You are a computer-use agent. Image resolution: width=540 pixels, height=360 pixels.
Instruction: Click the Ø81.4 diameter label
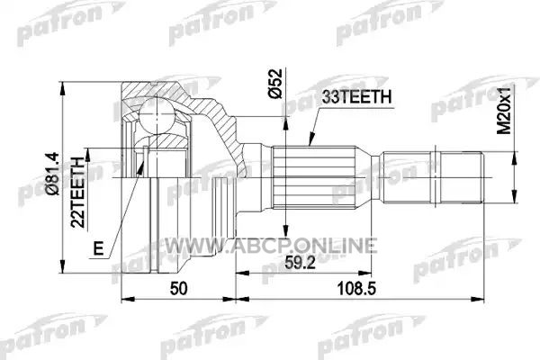[x=55, y=174]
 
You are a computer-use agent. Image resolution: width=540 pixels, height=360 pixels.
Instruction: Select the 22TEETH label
[x=77, y=193]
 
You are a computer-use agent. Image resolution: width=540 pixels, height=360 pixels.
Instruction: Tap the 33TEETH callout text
[x=356, y=97]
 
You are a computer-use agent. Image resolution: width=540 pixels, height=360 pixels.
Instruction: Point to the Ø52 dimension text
[x=275, y=84]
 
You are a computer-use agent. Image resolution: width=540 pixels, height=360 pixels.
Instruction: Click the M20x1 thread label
[x=506, y=110]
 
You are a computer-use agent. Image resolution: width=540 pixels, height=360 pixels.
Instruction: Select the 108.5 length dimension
[x=356, y=289]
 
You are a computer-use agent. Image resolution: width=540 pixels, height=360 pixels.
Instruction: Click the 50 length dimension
[x=179, y=289]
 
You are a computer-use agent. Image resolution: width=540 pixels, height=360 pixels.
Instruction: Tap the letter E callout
[x=99, y=247]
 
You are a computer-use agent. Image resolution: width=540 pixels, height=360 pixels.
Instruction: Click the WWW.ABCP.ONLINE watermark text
[x=270, y=246]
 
